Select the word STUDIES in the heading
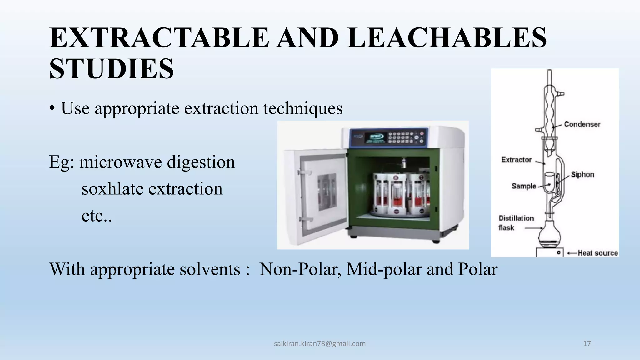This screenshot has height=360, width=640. coord(112,69)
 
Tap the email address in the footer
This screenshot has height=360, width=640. coord(320,344)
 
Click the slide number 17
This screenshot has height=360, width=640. coord(587,344)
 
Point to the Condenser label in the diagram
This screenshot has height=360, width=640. coord(582,124)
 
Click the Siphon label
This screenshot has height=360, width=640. coord(582,175)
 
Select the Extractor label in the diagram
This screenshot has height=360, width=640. coord(516,160)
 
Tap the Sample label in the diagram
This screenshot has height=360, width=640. coord(524,186)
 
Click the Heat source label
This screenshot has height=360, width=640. coord(597,253)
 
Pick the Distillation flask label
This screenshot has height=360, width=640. coord(516,223)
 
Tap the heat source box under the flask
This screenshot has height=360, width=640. coord(549,252)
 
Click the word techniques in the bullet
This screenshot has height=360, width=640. coord(303,108)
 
